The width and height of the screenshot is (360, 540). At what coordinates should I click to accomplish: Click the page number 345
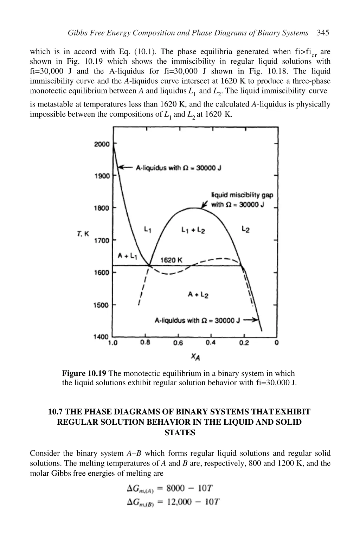tap(323, 33)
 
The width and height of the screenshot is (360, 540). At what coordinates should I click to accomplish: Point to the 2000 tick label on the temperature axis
tap(102, 144)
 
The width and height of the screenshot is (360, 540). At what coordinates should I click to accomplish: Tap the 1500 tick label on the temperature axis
tap(101, 305)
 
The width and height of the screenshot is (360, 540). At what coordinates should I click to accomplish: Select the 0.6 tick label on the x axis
tap(178, 343)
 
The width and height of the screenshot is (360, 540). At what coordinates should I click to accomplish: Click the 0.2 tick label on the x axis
tap(244, 343)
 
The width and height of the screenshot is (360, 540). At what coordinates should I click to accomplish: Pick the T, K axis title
tap(83, 234)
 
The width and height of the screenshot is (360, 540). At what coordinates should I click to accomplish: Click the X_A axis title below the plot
tap(195, 357)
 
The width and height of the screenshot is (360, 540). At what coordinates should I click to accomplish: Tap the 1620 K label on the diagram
tap(171, 260)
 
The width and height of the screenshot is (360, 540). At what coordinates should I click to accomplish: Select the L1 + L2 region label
tap(193, 230)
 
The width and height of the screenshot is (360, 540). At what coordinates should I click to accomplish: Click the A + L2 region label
tap(198, 295)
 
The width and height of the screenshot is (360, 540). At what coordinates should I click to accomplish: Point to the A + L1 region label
tap(127, 256)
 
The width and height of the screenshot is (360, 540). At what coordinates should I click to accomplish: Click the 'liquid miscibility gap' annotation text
tap(242, 195)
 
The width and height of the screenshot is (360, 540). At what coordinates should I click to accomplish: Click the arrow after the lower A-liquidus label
tap(251, 320)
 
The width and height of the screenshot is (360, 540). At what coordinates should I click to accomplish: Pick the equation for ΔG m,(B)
tap(173, 502)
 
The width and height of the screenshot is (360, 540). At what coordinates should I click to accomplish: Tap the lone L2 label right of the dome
tap(245, 230)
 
